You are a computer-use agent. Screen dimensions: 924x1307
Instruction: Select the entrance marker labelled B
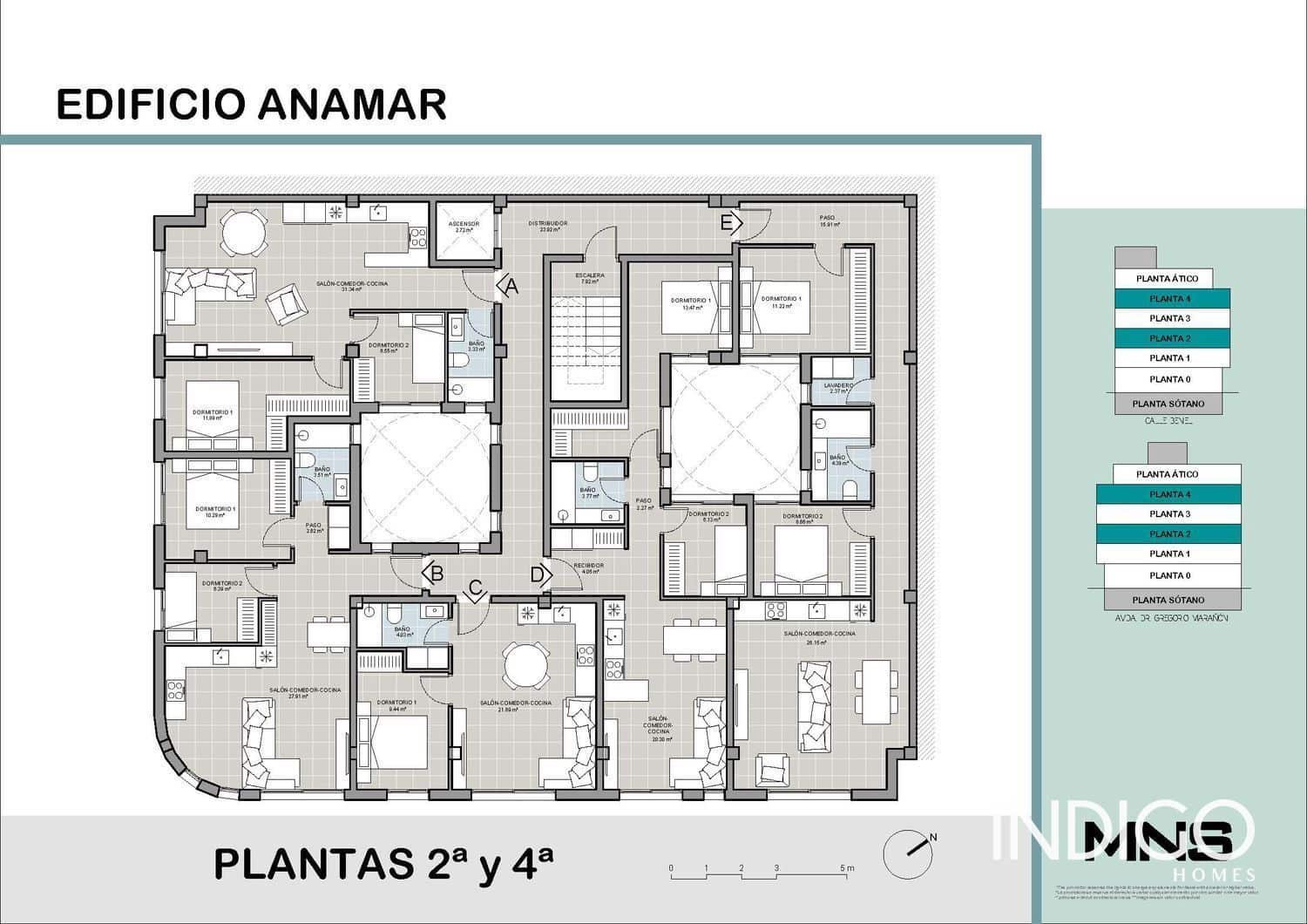[x=434, y=574]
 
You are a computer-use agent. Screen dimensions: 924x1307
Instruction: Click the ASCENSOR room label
[x=464, y=225]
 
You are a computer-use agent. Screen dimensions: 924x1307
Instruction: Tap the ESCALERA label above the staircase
[x=590, y=276]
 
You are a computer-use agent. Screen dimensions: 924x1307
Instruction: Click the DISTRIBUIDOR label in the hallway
[x=547, y=224]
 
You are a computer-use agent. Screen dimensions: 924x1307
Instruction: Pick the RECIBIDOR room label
[x=589, y=566]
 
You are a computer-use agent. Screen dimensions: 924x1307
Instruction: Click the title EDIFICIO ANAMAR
[x=251, y=104]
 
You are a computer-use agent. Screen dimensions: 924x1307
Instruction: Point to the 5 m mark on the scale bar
[x=842, y=869]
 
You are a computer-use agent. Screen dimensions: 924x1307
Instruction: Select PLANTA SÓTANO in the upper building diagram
[x=1168, y=404]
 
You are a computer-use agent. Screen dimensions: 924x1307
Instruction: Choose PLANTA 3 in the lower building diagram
[x=1168, y=514]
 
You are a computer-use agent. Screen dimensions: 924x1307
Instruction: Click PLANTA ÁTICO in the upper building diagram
[x=1168, y=279]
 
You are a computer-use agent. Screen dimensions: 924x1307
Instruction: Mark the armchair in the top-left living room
[x=287, y=303]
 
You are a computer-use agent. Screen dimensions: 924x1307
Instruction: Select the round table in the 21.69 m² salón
[x=526, y=666]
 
